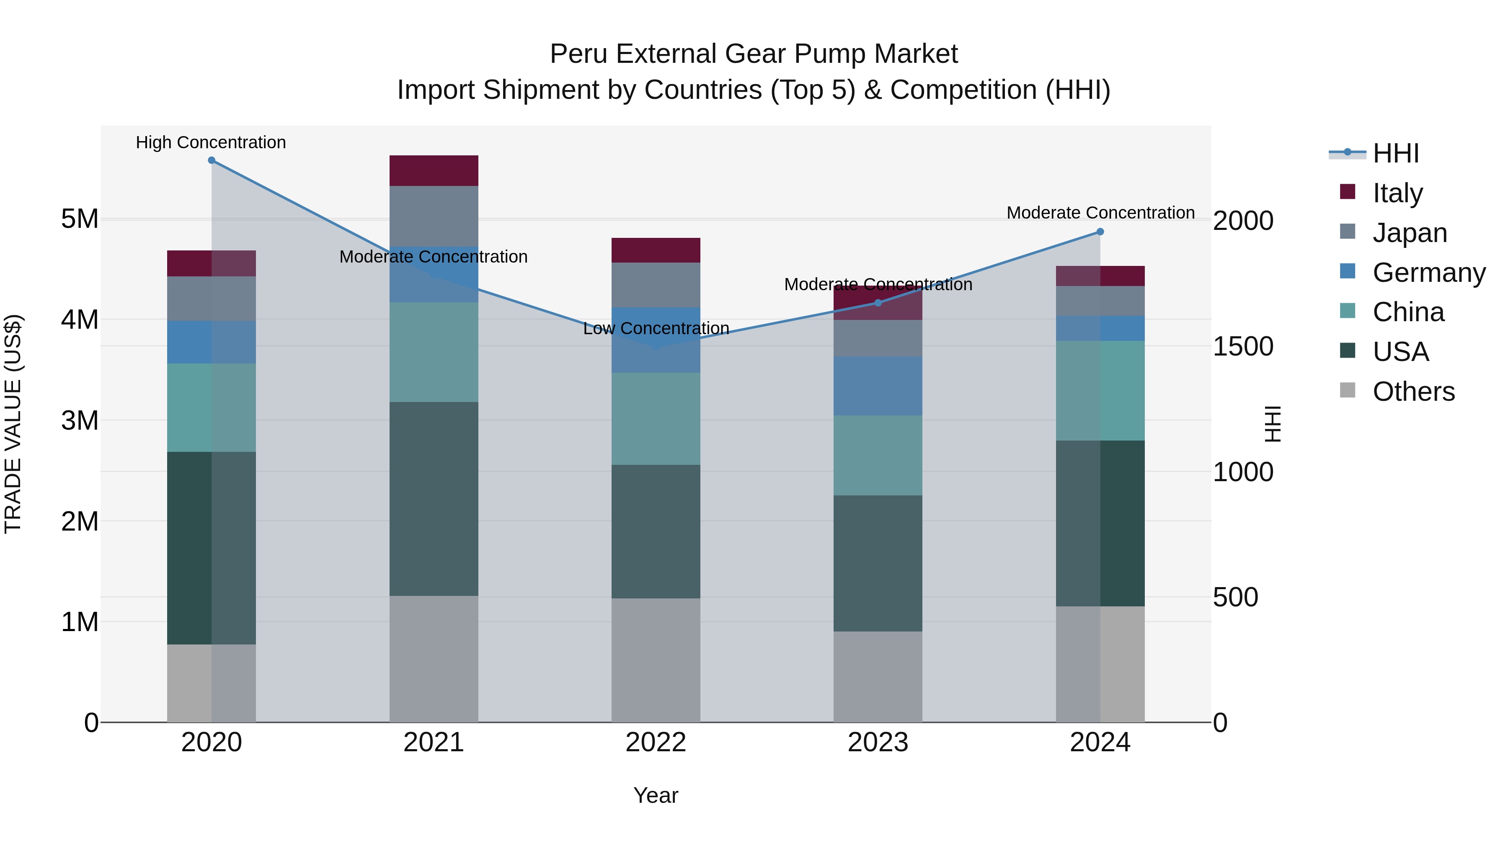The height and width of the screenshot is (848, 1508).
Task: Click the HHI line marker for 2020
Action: [x=212, y=160]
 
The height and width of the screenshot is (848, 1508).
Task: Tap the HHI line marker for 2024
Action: [x=1100, y=232]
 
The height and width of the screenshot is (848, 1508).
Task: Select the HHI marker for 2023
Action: [x=878, y=303]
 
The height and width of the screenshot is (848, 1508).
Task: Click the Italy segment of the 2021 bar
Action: [x=434, y=171]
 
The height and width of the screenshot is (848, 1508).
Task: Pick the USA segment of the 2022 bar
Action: [x=656, y=531]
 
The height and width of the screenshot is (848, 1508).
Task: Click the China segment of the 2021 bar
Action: [x=434, y=352]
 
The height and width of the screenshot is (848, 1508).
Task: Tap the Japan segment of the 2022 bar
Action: [x=656, y=285]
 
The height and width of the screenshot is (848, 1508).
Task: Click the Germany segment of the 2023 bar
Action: [x=878, y=386]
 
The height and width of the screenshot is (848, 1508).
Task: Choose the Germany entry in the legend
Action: [x=1428, y=273]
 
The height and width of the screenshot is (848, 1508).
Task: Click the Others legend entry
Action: [x=1413, y=392]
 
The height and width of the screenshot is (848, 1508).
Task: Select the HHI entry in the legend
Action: [x=1396, y=153]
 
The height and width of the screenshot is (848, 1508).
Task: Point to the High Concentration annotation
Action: [x=211, y=142]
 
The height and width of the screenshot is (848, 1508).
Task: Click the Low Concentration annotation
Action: [x=656, y=328]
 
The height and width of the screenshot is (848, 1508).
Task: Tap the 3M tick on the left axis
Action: [x=80, y=420]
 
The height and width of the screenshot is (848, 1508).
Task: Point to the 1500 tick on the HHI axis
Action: [x=1242, y=346]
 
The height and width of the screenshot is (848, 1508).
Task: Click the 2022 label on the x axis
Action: [x=656, y=742]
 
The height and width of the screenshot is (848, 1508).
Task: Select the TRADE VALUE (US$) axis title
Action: [x=13, y=424]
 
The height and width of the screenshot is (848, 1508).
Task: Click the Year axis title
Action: [x=656, y=795]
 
